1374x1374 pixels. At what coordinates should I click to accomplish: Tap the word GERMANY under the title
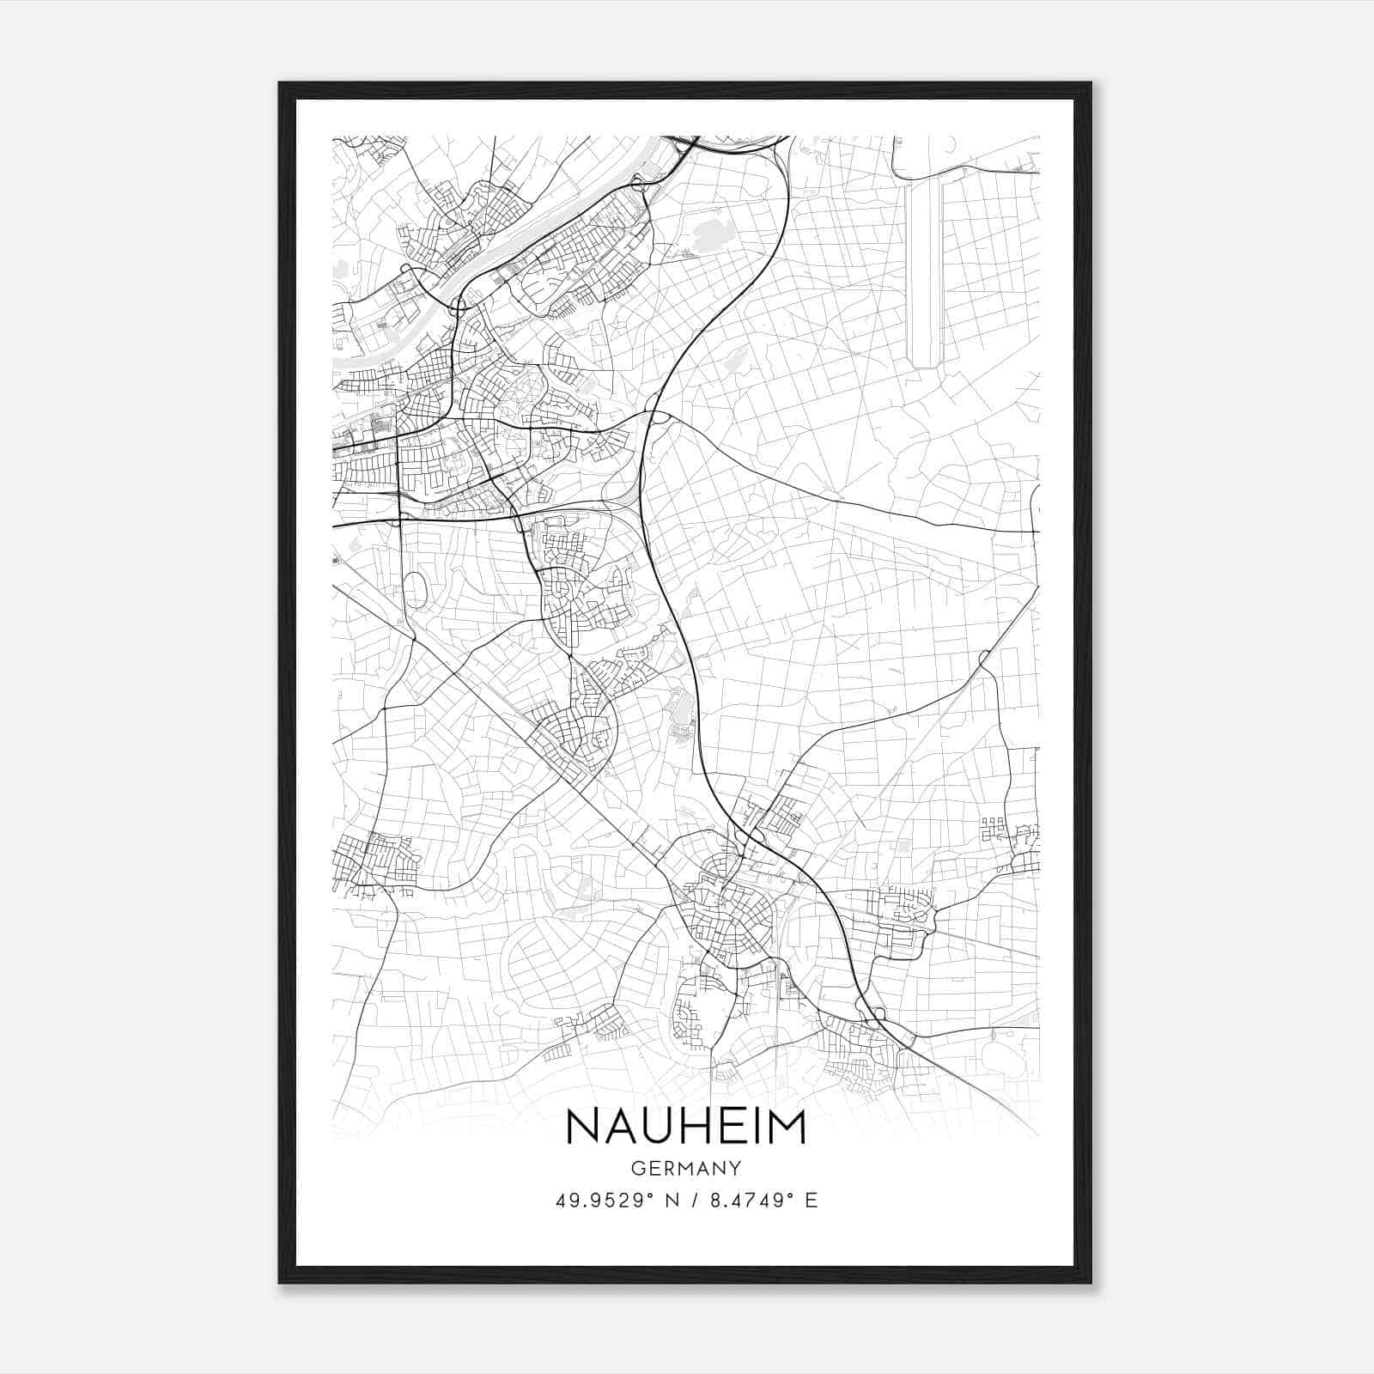[686, 1169]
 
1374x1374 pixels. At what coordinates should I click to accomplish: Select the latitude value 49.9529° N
[617, 1201]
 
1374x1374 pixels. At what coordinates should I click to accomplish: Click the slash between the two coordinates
[693, 1201]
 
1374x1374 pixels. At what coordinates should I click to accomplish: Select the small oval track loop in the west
[414, 590]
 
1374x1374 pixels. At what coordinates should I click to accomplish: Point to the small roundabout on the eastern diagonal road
[983, 659]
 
